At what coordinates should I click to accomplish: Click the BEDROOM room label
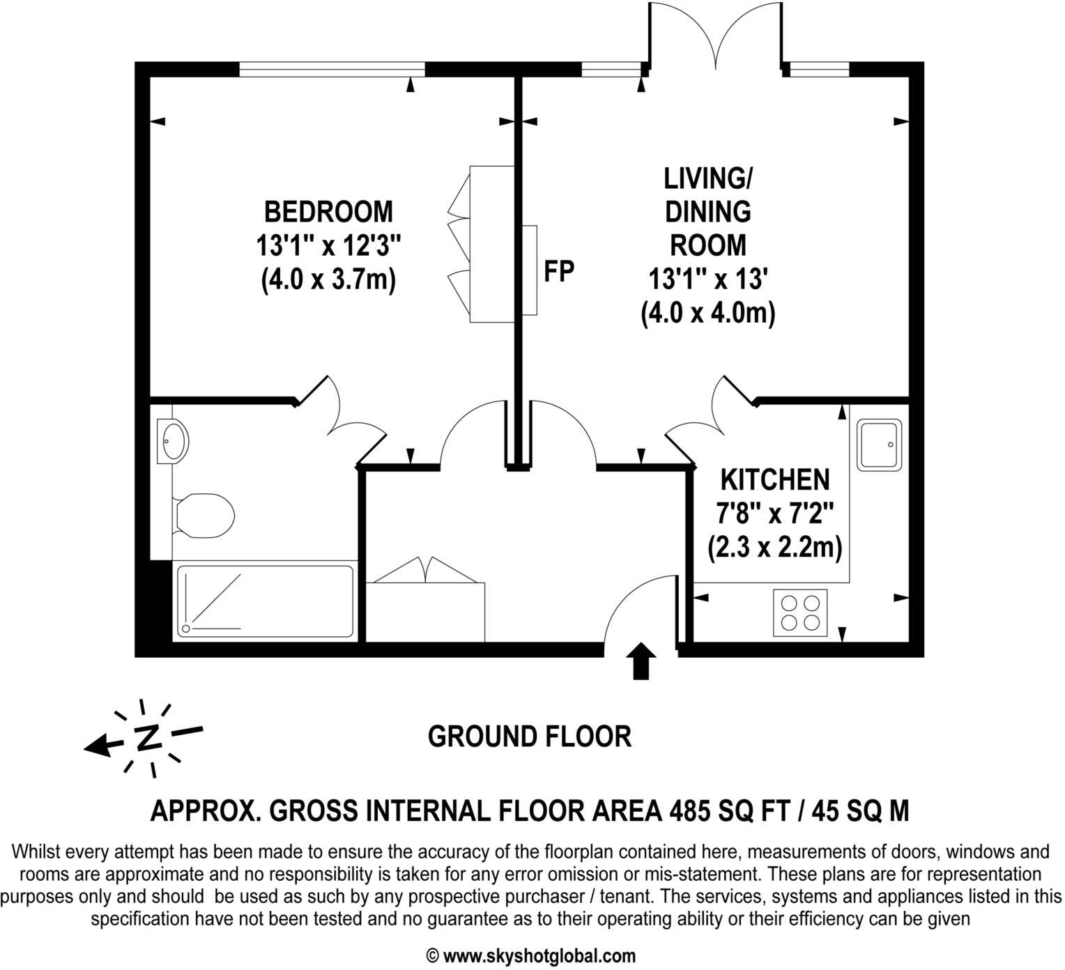(x=328, y=210)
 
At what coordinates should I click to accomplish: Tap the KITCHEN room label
(x=774, y=479)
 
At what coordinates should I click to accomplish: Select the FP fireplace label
(x=559, y=272)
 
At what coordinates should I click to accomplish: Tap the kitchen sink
(x=878, y=444)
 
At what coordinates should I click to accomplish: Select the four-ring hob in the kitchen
(x=800, y=613)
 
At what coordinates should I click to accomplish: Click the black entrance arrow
(x=641, y=661)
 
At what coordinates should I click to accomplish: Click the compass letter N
(x=147, y=737)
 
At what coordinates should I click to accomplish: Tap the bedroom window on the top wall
(x=332, y=69)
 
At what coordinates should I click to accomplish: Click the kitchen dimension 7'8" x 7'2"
(x=774, y=514)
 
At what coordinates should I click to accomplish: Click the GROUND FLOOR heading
(x=530, y=736)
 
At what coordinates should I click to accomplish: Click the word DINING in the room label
(x=707, y=211)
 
